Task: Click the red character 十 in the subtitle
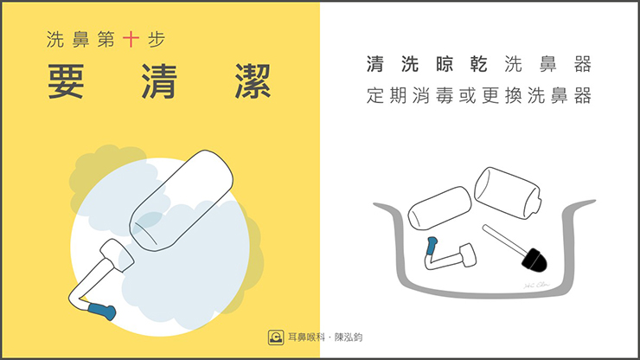(131, 40)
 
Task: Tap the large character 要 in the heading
(66, 81)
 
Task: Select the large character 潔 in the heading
(253, 81)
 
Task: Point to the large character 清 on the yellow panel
(160, 81)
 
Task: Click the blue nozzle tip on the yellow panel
(102, 312)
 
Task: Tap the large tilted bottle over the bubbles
(182, 200)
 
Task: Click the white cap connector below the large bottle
(117, 255)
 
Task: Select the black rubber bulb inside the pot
(534, 260)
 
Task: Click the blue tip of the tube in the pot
(432, 246)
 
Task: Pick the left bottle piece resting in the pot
(440, 208)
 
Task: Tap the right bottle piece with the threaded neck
(508, 193)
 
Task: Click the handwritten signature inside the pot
(537, 286)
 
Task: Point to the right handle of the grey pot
(579, 206)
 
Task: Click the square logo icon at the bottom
(276, 337)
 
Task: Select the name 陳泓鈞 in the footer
(349, 337)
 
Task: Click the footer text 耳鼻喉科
(306, 337)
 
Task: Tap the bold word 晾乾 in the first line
(462, 65)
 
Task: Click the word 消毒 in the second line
(433, 95)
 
